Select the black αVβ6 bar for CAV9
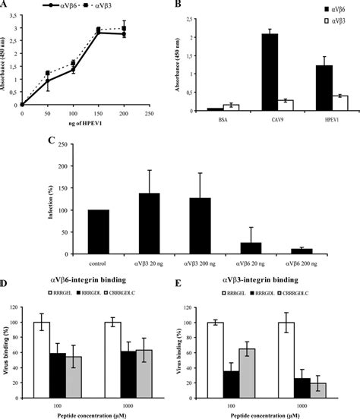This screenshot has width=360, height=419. click(268, 72)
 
